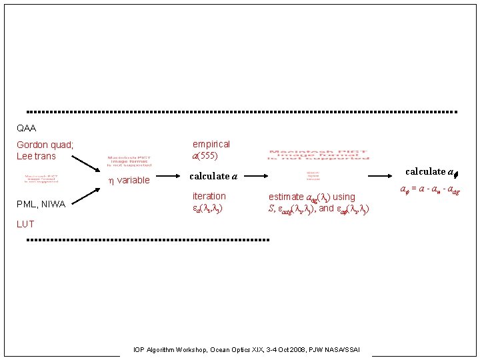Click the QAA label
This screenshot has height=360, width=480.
tap(27, 128)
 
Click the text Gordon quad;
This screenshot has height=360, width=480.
tap(45, 145)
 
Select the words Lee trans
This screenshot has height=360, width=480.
tap(36, 156)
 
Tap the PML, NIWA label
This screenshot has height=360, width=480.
tap(41, 204)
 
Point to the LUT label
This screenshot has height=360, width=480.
tap(25, 224)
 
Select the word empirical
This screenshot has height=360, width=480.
tap(211, 144)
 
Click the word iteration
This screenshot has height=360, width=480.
tap(209, 196)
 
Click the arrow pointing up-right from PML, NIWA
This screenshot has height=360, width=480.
tap(85, 195)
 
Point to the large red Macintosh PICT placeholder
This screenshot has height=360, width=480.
tap(317, 154)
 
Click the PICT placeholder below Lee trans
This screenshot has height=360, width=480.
tap(41, 179)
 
